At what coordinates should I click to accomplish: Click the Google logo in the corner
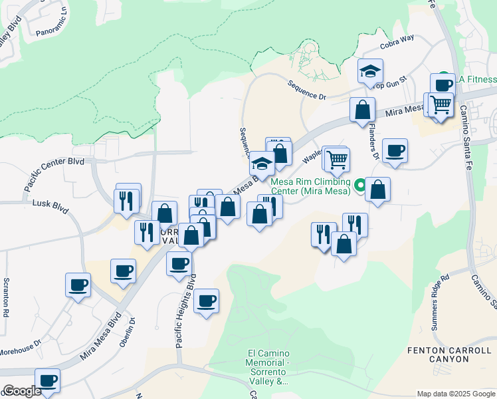[21, 391]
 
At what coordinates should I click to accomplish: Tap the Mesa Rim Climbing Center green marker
[360, 184]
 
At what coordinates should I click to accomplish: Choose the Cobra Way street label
[397, 42]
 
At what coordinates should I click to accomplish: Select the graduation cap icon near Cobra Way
[370, 71]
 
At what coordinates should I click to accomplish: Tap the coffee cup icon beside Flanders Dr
[395, 150]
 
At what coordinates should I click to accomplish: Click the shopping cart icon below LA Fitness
[440, 104]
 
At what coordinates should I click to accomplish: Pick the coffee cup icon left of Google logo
[47, 380]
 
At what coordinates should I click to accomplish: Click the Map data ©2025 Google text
[456, 394]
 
